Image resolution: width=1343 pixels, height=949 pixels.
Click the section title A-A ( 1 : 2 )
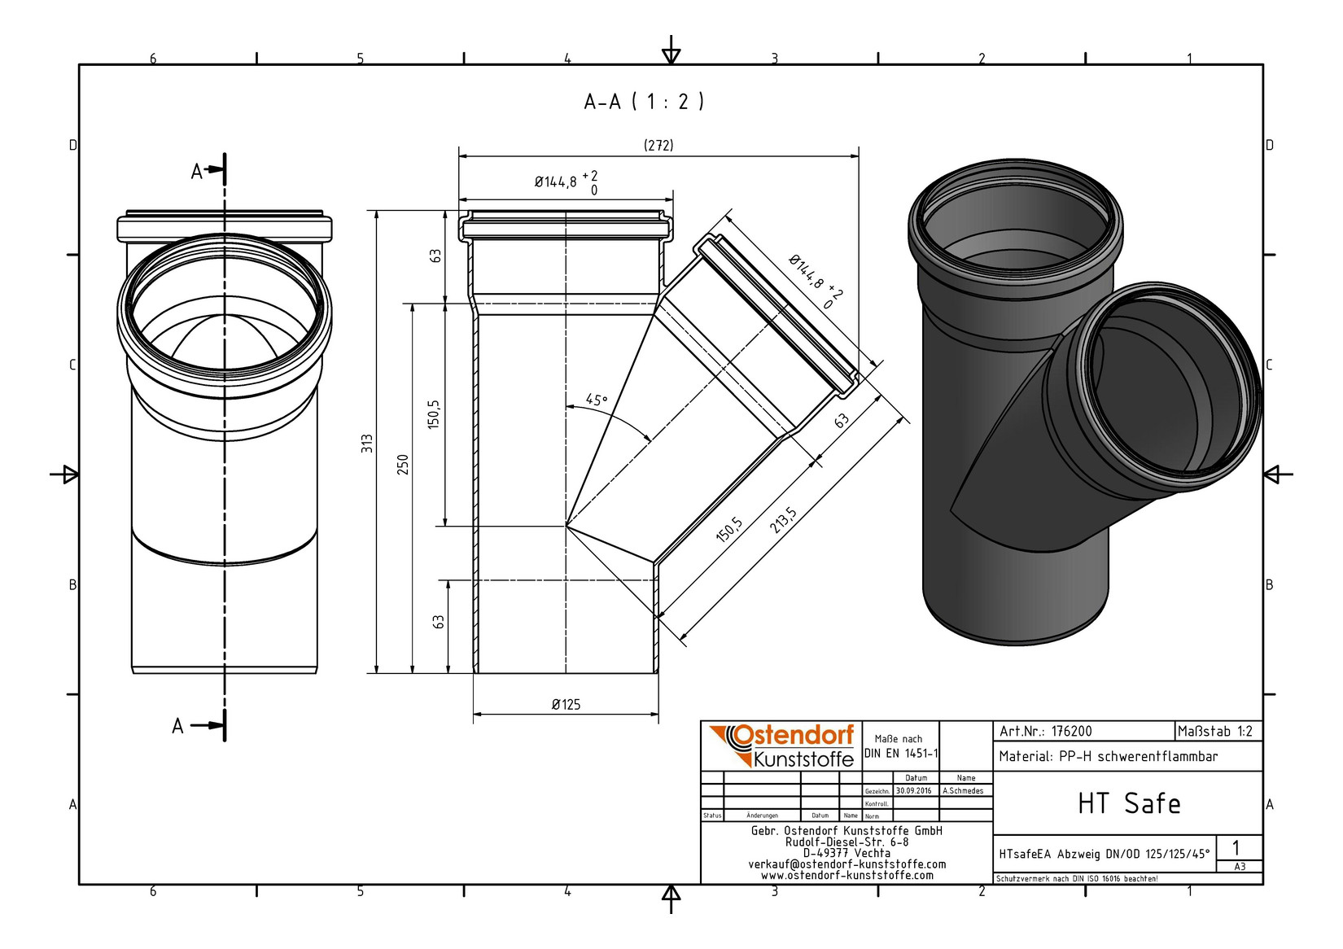click(644, 102)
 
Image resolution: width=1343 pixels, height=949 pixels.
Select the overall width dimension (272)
click(658, 145)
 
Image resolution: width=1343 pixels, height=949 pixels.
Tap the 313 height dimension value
click(367, 443)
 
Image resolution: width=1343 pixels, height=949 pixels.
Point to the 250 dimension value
click(403, 465)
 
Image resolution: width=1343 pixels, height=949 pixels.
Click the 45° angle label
click(597, 400)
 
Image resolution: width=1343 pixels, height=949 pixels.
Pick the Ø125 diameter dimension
click(566, 704)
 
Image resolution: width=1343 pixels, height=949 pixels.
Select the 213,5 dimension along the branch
click(783, 520)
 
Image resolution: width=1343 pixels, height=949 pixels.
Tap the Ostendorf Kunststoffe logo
click(782, 746)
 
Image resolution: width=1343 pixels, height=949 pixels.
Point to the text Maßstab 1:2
click(1215, 731)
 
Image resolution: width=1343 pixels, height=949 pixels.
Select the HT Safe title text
click(1129, 803)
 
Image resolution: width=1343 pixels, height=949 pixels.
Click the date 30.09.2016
click(914, 791)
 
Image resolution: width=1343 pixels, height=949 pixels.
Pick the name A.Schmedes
click(963, 791)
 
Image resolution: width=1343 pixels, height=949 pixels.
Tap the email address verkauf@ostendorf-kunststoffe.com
click(847, 864)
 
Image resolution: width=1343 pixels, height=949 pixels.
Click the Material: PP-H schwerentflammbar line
click(1109, 757)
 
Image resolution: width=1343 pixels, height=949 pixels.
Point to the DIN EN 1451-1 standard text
click(901, 754)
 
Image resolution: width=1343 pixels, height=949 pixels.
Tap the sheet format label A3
click(1240, 866)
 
